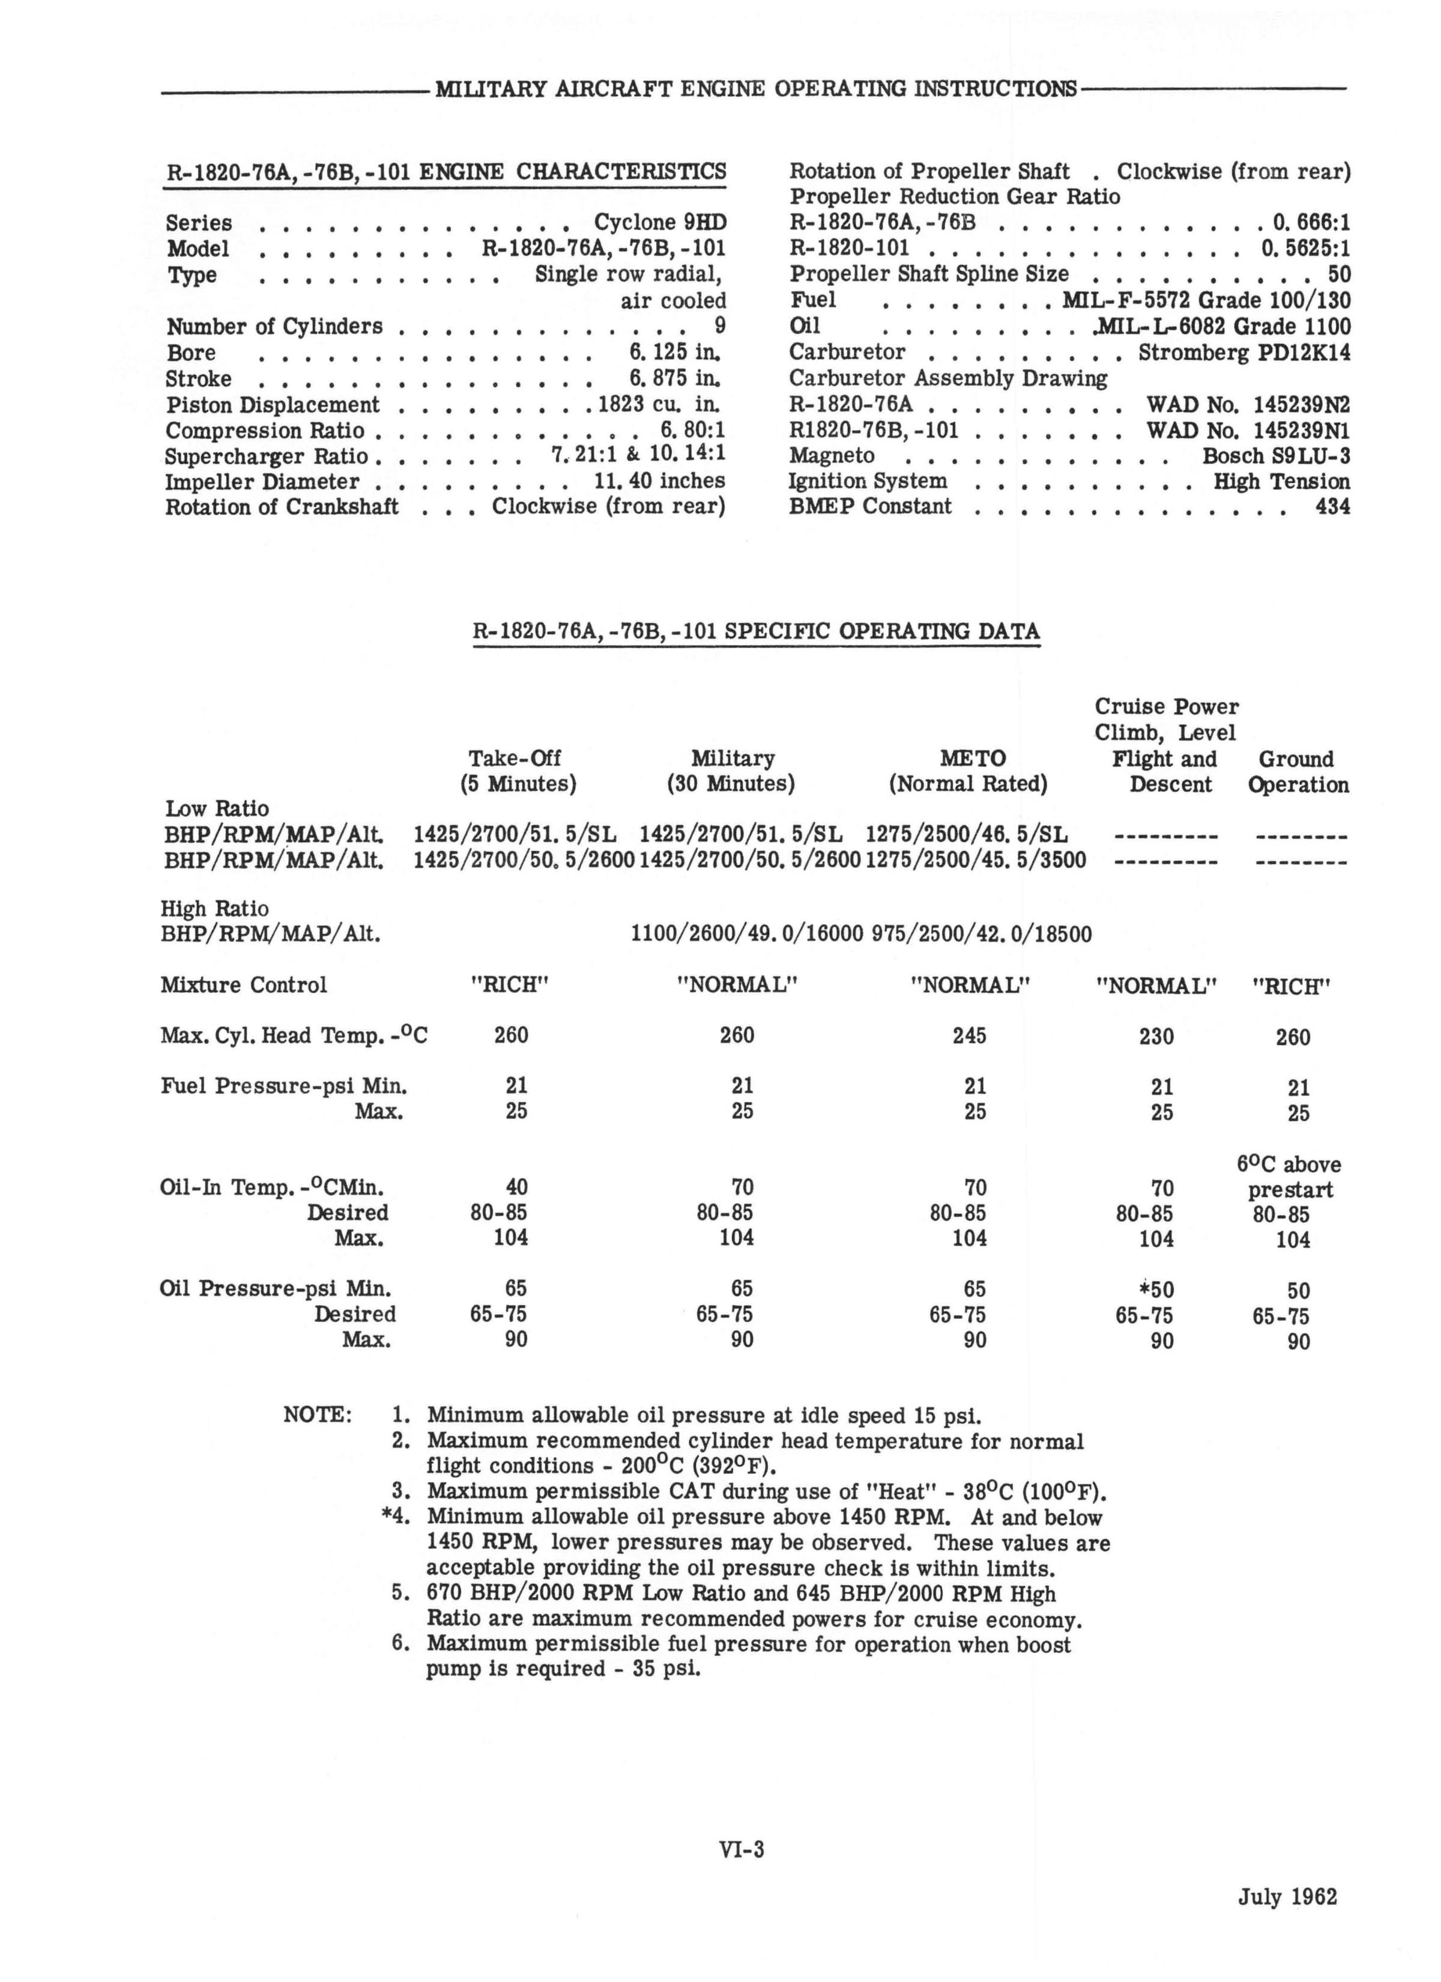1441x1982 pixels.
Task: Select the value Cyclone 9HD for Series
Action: pos(660,222)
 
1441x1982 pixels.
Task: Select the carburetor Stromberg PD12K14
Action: pos(1243,352)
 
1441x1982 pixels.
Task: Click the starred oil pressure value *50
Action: pos(1156,1290)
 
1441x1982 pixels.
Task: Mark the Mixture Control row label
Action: pos(244,985)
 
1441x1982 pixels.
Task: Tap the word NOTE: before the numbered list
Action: pos(317,1414)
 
